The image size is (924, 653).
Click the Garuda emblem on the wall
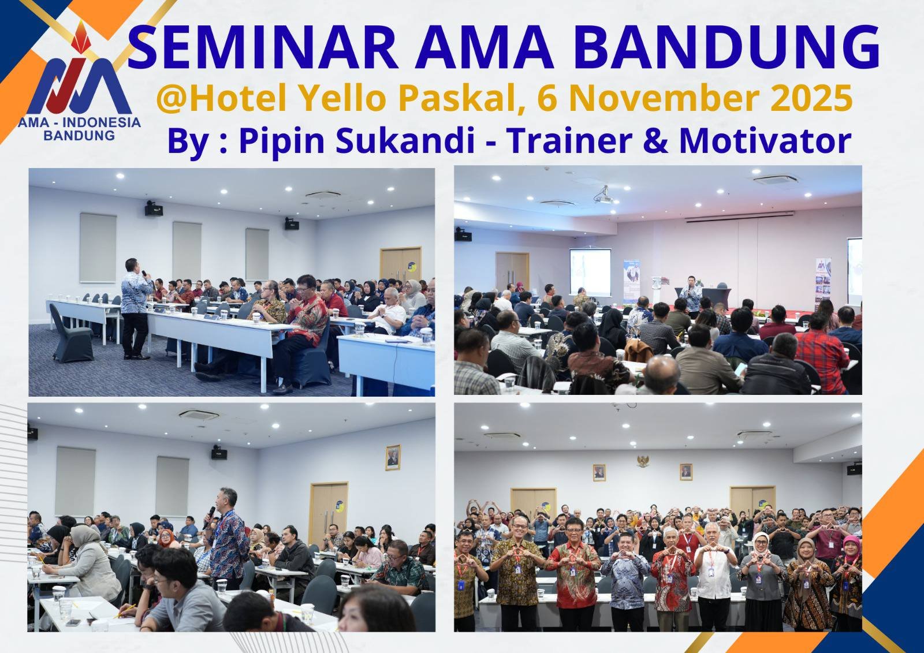(642, 461)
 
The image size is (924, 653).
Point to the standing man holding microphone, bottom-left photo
(228, 537)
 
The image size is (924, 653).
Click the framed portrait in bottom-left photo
(393, 457)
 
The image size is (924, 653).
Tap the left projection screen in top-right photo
(590, 271)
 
